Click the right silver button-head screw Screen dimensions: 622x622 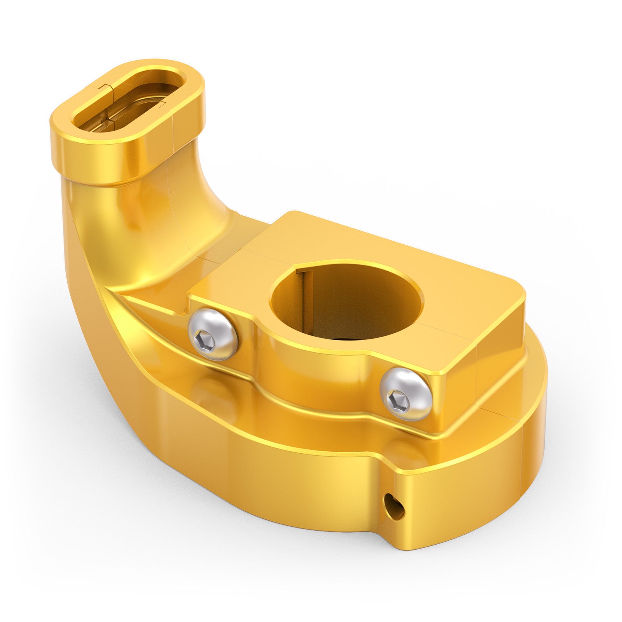[406, 394]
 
